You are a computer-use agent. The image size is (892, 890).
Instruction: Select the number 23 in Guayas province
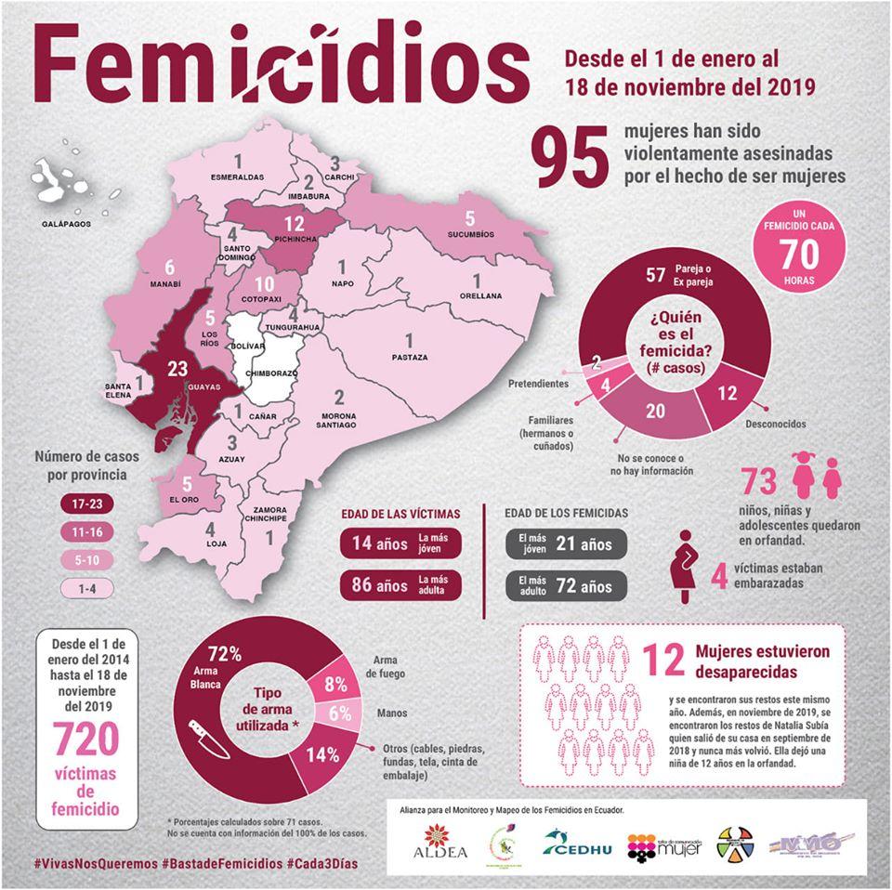(178, 369)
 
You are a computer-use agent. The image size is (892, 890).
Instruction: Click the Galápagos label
(67, 224)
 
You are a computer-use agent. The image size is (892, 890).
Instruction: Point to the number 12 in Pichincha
(295, 223)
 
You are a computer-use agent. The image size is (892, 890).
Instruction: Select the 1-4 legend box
(73, 588)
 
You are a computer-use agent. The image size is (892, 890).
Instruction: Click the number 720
(85, 739)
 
